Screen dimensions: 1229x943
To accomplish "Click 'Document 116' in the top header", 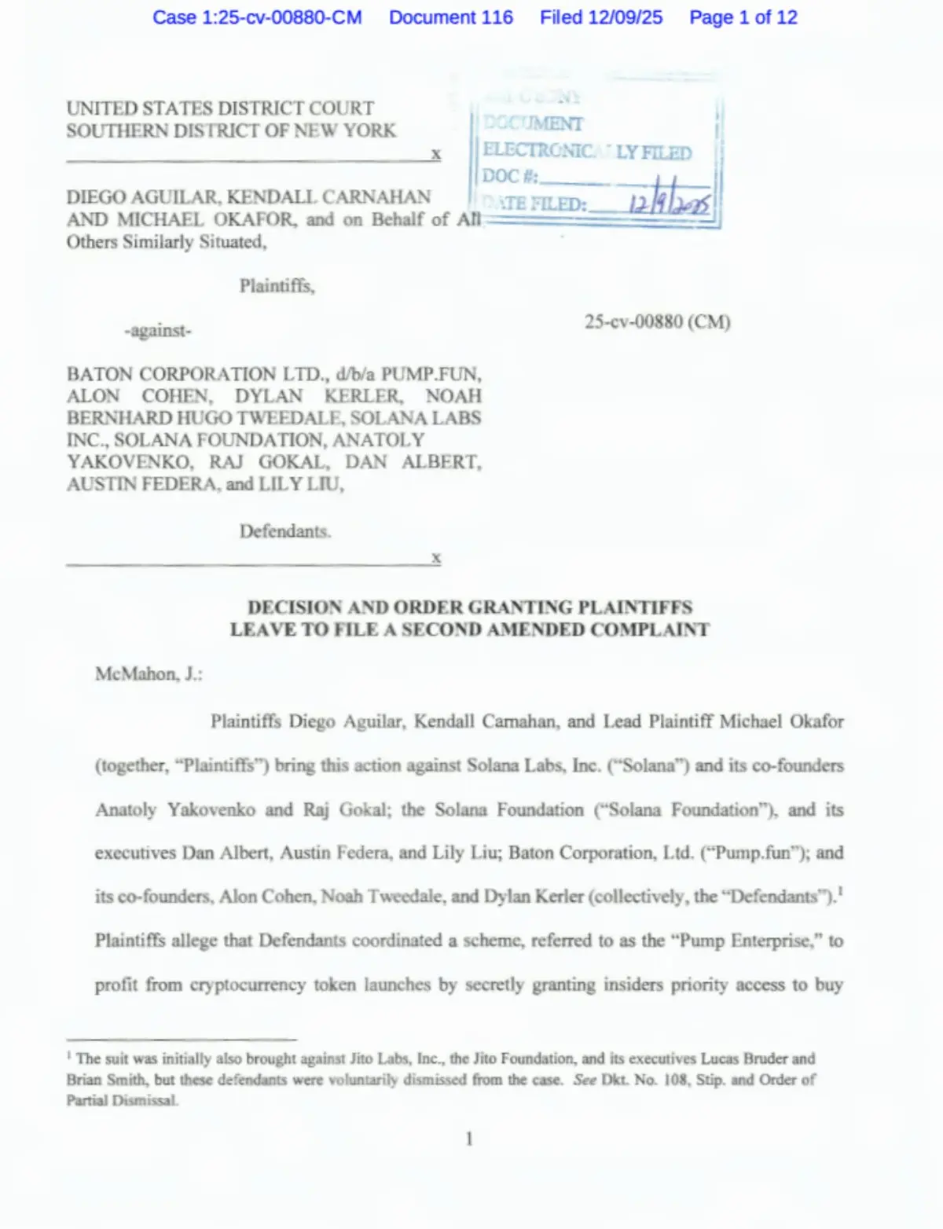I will (450, 17).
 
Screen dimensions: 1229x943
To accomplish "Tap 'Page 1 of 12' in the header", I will (743, 17).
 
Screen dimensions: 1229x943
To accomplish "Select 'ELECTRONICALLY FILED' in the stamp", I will (587, 151).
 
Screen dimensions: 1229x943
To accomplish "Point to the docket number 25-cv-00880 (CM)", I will (657, 321).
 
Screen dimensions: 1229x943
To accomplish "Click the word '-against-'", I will (157, 331).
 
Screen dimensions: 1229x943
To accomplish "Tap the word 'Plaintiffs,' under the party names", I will (277, 286).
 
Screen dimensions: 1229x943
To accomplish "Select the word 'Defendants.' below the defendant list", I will (284, 531).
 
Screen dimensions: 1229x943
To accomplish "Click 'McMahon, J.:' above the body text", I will (149, 674).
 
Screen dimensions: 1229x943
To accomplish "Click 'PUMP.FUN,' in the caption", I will (431, 374).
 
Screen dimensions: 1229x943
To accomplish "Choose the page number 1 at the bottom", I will (469, 1139).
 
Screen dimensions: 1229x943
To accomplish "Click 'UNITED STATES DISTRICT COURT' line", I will (220, 108).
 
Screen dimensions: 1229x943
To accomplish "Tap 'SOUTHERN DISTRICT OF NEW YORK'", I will (231, 130).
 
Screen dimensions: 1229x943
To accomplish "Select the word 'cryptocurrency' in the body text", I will (247, 985).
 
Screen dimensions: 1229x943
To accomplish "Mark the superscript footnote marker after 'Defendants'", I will (840, 891).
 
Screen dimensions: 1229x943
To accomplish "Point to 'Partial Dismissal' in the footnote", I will (122, 1100).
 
